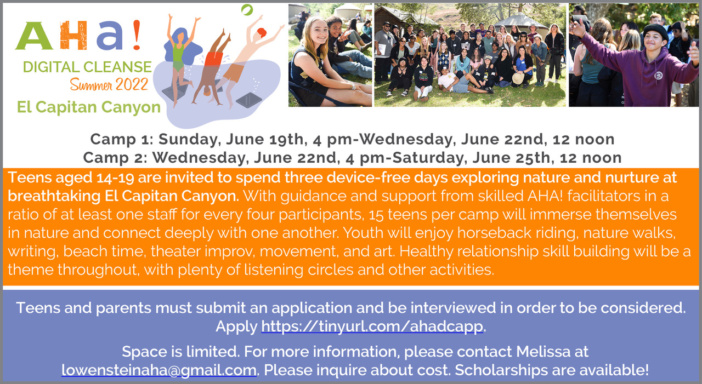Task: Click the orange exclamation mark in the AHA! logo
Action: point(137,35)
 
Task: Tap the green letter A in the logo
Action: point(35,36)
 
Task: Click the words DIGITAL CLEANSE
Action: point(87,67)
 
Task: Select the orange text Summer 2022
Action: point(109,84)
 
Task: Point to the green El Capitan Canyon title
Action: point(89,107)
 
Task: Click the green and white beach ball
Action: point(247,10)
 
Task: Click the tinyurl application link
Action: point(372,326)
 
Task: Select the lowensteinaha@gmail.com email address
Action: point(159,370)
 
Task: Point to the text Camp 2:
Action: point(115,158)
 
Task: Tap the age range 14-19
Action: point(115,178)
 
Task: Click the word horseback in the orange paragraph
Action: point(494,233)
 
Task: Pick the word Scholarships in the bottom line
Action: point(501,370)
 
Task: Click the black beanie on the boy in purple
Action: point(655,30)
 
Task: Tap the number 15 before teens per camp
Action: point(376,215)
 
